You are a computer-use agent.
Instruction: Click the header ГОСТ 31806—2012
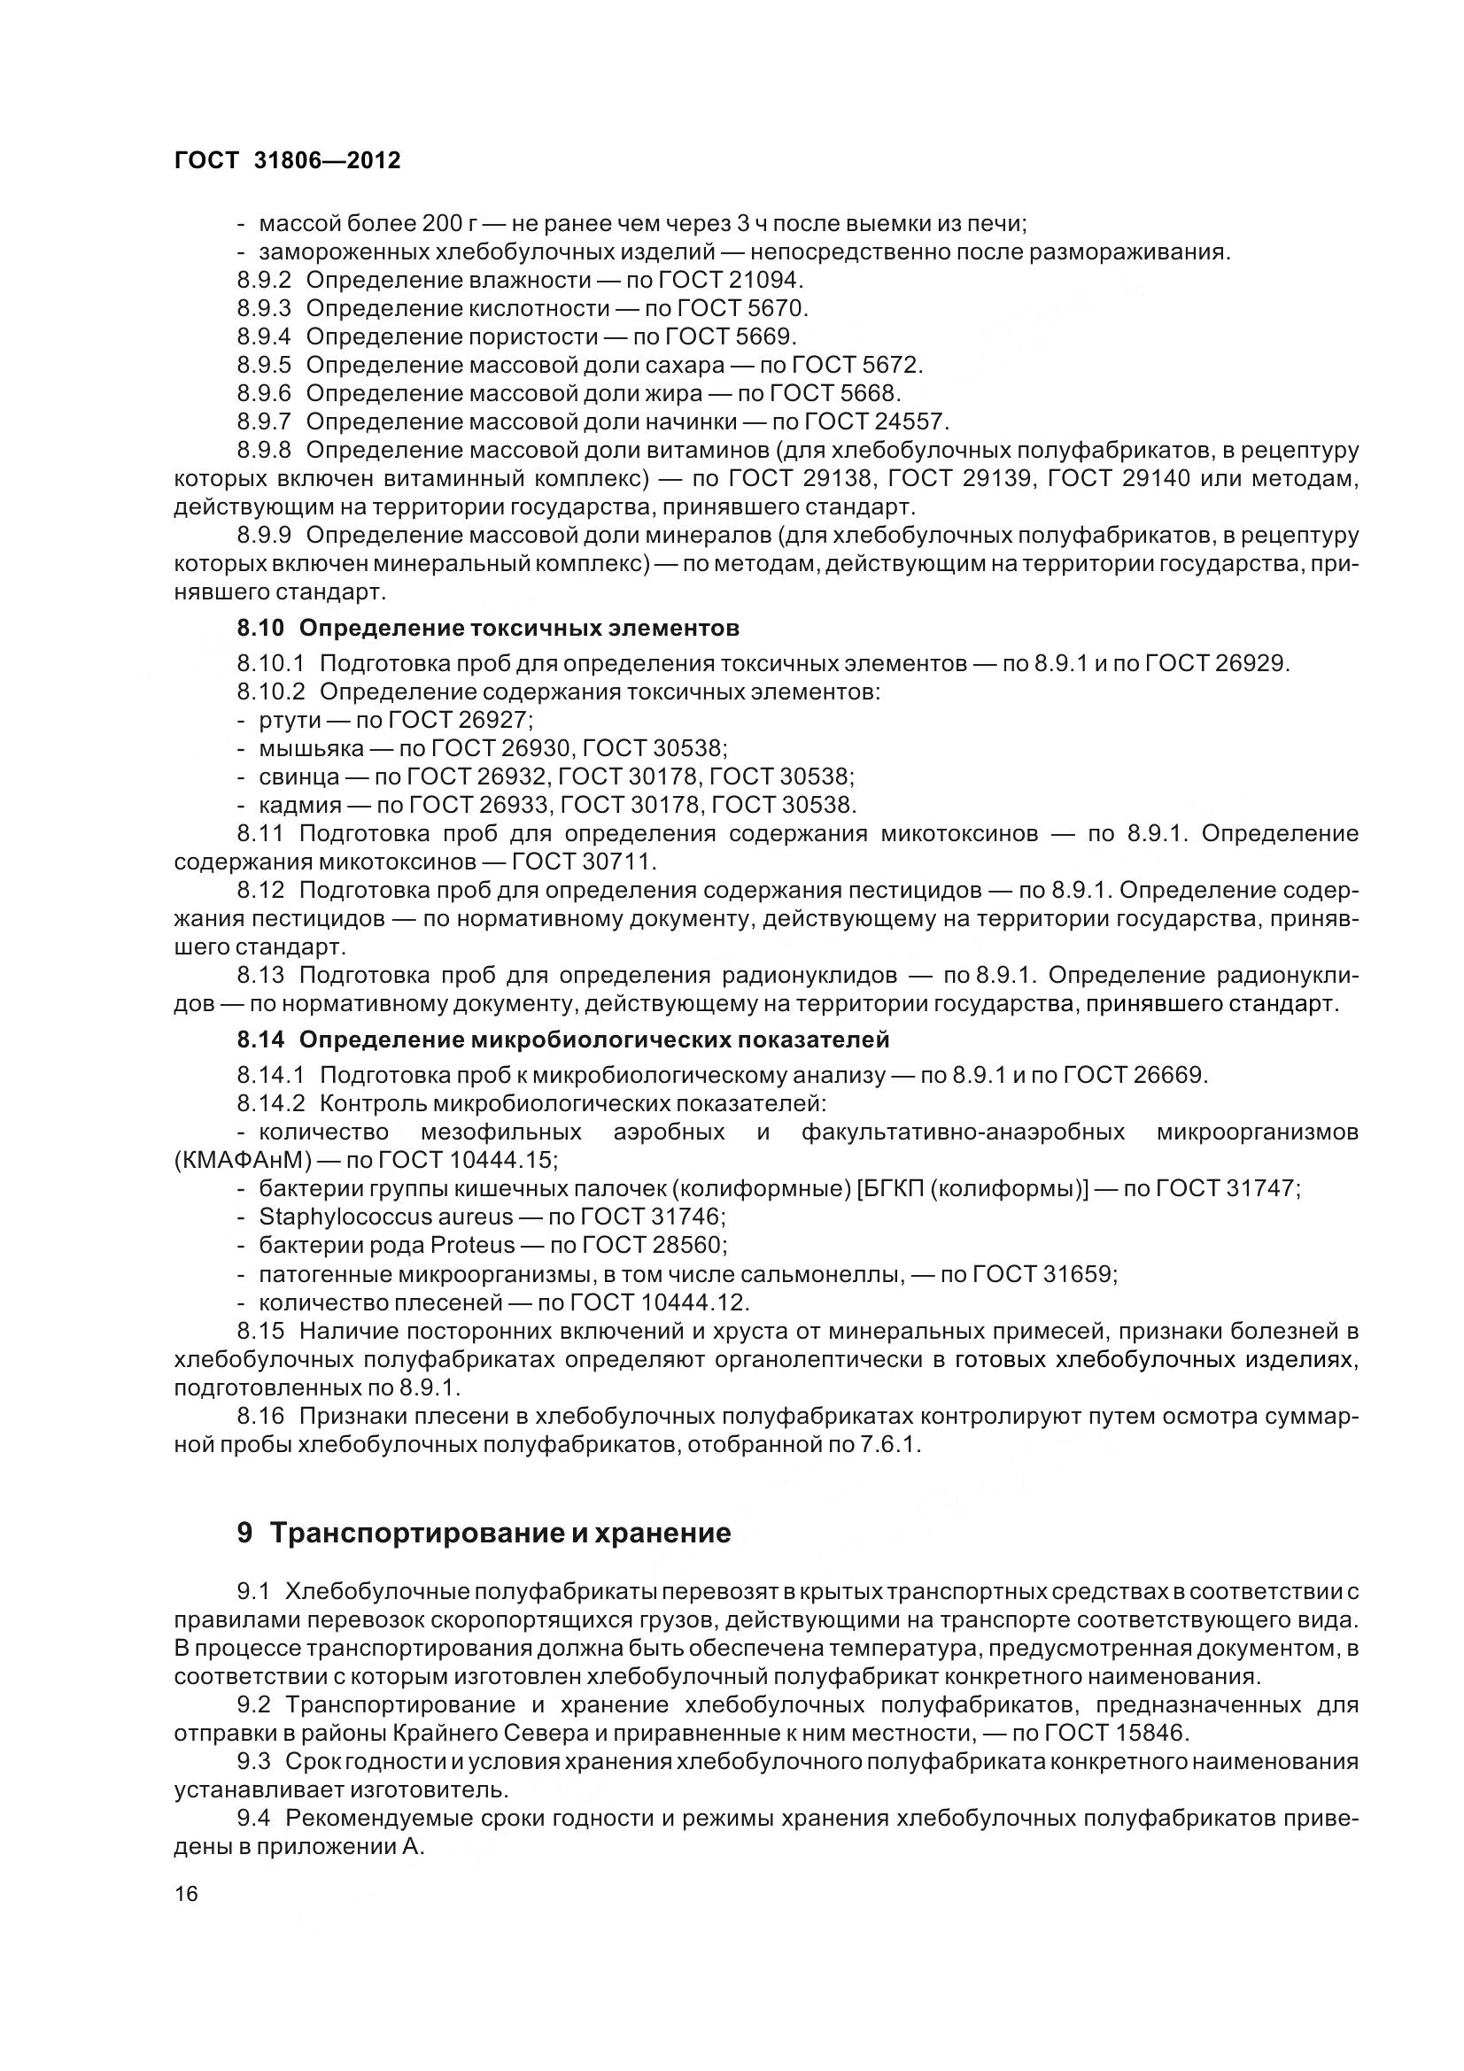point(287,160)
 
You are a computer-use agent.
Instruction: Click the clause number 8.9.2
point(264,280)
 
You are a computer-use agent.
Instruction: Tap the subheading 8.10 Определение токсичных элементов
point(488,627)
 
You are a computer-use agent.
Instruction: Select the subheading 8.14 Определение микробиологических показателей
point(563,1040)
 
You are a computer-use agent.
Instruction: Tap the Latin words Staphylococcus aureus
point(386,1217)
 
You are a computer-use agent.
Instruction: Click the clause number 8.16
point(260,1416)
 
